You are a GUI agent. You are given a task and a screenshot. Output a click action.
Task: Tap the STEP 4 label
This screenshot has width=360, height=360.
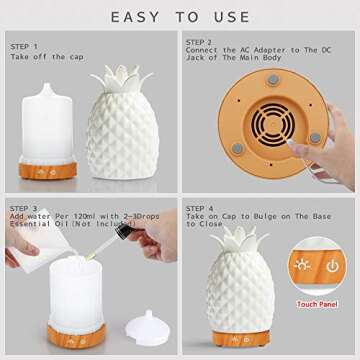pyautogui.click(x=200, y=209)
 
